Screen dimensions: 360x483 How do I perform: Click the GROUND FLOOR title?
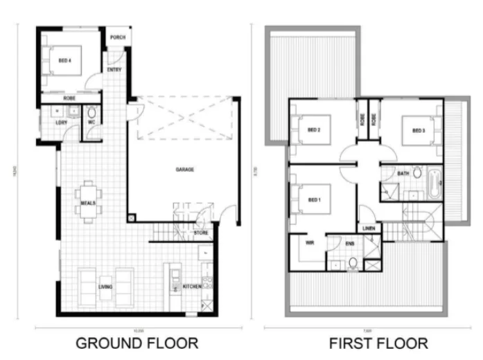(137, 343)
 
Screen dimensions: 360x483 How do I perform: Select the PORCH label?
(118, 37)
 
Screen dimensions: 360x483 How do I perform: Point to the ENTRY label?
(114, 69)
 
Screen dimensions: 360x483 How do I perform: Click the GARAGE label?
(184, 169)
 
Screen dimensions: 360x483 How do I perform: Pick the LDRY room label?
(62, 123)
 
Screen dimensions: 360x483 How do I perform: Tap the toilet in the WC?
(91, 114)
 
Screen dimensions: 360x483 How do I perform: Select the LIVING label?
(105, 285)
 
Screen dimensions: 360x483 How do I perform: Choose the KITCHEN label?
(192, 285)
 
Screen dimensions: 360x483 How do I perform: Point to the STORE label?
(201, 233)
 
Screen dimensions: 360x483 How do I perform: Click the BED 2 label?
(313, 129)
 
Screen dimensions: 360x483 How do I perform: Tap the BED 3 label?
(418, 130)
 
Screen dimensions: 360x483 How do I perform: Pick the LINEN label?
(368, 228)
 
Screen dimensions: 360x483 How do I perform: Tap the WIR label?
(310, 243)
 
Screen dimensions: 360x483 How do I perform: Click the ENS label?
(350, 243)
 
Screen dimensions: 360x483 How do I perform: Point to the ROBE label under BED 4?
(69, 99)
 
